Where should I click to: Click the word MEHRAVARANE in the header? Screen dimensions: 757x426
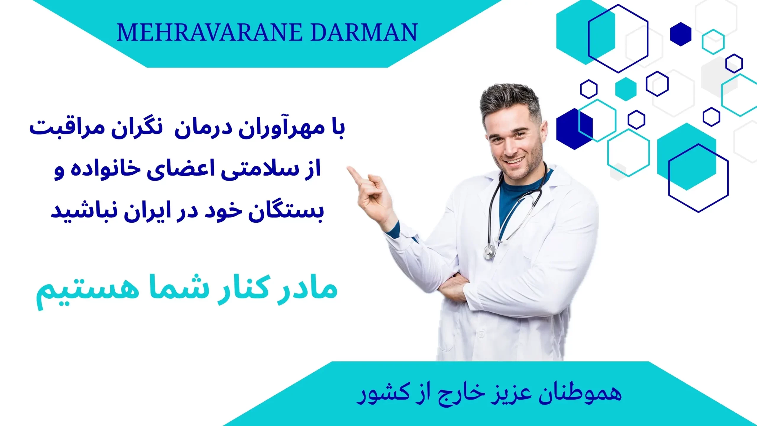pos(210,33)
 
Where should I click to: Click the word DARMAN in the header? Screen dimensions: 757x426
pos(364,33)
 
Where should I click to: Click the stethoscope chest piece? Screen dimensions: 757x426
pos(489,252)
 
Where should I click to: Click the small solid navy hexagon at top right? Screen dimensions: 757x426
pos(681,34)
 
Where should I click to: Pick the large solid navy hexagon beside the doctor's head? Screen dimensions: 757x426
pos(575,129)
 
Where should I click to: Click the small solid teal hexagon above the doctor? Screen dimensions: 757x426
pos(626,89)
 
